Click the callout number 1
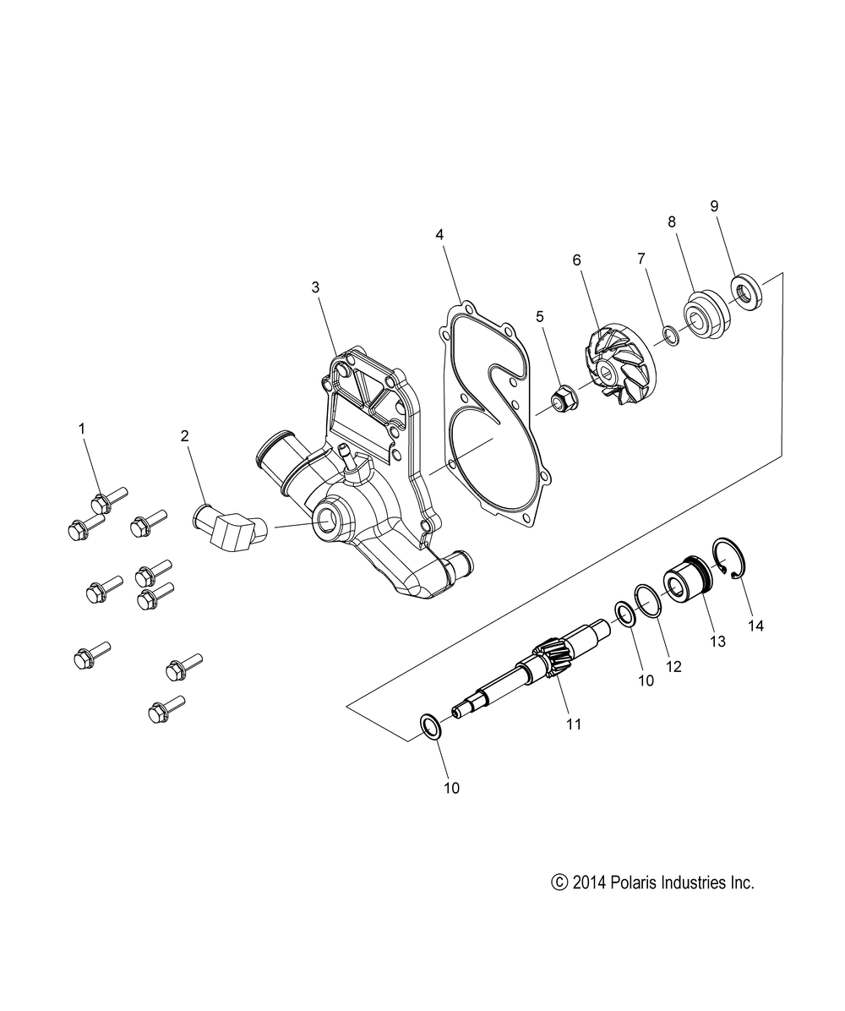point(82,429)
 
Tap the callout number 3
point(315,287)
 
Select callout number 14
point(755,626)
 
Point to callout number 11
point(574,724)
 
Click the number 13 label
point(717,642)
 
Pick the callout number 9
point(713,205)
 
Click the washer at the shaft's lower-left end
point(430,725)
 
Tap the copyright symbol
point(558,883)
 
